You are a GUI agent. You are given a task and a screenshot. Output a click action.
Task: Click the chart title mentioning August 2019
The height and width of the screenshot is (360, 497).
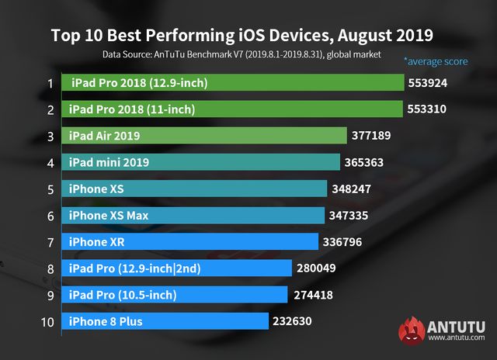click(242, 35)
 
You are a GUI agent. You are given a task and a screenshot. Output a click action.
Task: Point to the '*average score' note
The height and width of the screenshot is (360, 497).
click(436, 61)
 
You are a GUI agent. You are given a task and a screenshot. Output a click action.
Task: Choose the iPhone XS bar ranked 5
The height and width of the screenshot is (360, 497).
click(193, 189)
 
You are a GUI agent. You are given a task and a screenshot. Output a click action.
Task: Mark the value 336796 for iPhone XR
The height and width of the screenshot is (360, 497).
click(343, 242)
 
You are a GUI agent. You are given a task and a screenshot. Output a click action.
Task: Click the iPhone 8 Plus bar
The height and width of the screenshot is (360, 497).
click(163, 321)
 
